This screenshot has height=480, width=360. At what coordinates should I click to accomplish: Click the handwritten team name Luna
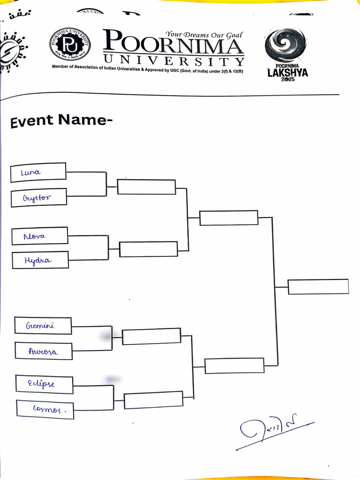[31, 172]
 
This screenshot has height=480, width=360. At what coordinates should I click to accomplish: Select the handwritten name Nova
[35, 236]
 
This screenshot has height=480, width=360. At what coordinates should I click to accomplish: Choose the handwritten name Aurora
[43, 351]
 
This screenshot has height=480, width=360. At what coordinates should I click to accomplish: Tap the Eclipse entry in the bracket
[41, 384]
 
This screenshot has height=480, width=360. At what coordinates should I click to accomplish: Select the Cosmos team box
[45, 409]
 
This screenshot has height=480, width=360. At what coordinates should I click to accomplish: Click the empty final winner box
[318, 287]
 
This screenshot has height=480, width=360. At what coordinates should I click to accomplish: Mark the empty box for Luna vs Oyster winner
[146, 187]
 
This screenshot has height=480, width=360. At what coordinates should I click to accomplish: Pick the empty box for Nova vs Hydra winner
[149, 249]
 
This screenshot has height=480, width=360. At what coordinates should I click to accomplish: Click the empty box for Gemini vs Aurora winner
[151, 336]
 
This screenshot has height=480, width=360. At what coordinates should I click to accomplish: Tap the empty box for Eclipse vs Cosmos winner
[153, 400]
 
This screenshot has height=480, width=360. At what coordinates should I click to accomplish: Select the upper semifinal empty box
[229, 218]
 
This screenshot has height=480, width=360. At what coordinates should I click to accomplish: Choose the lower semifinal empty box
[234, 366]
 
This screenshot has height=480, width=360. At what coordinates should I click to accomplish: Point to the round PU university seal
[70, 46]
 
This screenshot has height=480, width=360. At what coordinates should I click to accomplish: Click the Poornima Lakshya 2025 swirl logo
[285, 45]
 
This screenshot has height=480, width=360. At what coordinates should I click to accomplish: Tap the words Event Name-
[61, 121]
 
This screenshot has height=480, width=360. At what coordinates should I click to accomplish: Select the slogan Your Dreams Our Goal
[204, 35]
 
